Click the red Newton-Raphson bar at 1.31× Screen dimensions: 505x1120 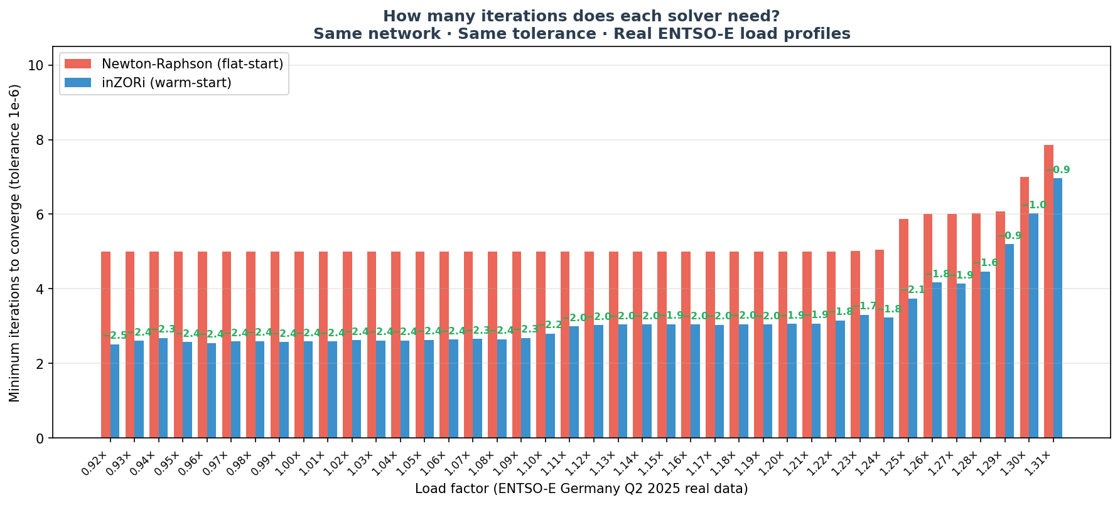tap(1048, 291)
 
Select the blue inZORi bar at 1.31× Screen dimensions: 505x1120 tap(1058, 307)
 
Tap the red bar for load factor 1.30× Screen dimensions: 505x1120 tap(1025, 307)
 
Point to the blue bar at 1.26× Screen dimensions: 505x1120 tap(937, 360)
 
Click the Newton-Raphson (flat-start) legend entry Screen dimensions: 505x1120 tap(192, 64)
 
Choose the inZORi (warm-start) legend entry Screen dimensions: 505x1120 tap(166, 83)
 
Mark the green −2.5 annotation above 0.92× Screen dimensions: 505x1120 tap(115, 336)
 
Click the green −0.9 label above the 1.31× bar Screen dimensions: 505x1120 tap(1058, 170)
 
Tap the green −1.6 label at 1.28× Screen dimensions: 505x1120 tap(986, 263)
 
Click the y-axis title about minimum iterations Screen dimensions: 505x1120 tap(15, 243)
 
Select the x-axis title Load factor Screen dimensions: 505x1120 tap(581, 489)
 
